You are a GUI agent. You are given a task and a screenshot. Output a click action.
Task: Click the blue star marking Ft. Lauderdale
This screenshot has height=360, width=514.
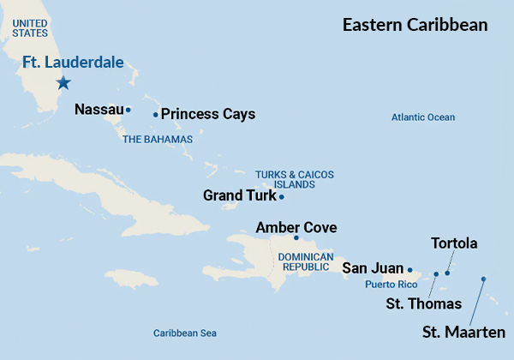(x=63, y=83)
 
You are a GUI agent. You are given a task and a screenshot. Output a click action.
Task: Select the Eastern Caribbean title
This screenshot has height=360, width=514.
(x=415, y=25)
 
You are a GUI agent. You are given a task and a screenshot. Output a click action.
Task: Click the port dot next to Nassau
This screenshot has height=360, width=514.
(x=128, y=110)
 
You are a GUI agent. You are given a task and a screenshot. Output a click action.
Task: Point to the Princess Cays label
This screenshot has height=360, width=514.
(x=208, y=114)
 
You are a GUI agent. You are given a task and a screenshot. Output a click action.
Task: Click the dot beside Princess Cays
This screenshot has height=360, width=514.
(x=155, y=114)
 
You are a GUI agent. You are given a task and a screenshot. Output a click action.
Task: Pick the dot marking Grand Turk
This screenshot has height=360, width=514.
(x=282, y=196)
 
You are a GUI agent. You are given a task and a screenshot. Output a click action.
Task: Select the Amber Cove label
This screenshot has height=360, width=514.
(x=296, y=227)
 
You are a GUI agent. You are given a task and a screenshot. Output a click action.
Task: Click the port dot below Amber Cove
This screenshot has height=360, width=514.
(x=296, y=237)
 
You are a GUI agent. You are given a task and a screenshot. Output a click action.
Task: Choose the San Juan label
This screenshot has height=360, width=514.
(x=373, y=268)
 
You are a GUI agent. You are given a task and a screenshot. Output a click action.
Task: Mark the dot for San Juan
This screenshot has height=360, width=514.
(x=409, y=269)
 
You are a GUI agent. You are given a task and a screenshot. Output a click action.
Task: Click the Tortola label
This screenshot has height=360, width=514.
(x=454, y=243)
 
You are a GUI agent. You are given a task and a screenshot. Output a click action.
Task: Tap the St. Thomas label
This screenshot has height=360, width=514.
(x=423, y=304)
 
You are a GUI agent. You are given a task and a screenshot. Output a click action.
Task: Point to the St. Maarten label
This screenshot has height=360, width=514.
(x=463, y=333)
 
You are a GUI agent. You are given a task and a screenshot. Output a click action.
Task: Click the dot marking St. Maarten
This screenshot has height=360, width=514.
(x=483, y=279)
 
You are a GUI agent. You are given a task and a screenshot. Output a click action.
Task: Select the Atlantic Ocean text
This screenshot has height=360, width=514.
(x=423, y=117)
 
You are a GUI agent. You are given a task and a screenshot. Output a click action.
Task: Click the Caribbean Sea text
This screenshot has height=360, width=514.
(x=185, y=333)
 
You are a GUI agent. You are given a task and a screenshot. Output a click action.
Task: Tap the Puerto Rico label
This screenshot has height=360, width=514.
(x=391, y=284)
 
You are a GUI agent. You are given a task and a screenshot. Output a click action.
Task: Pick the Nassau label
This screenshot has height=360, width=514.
(x=99, y=110)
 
